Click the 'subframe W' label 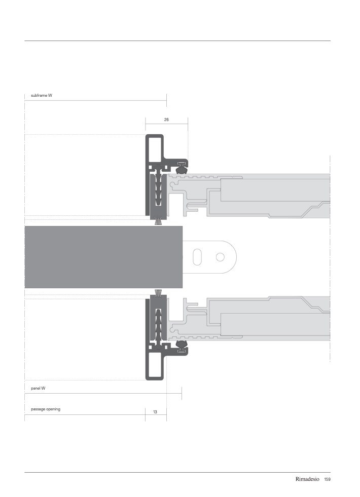(x=42, y=95)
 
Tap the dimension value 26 (x=166, y=120)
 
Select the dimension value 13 (x=155, y=412)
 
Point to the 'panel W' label (x=38, y=388)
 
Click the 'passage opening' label (x=46, y=409)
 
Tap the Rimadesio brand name (x=307, y=479)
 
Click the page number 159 (x=328, y=479)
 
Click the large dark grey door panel (x=103, y=257)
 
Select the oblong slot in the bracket (x=197, y=257)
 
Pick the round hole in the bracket (x=220, y=257)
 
